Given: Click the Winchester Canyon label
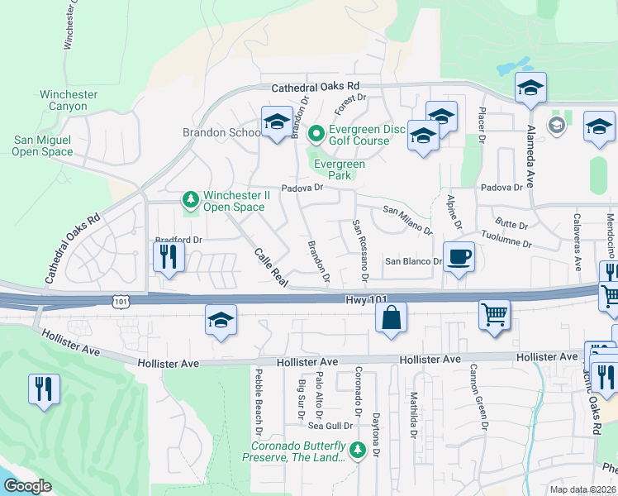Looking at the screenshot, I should pyautogui.click(x=69, y=100).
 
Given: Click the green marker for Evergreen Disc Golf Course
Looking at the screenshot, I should pyautogui.click(x=315, y=132).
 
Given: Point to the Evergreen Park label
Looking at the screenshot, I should pyautogui.click(x=339, y=169).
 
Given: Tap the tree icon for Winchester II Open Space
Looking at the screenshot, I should pyautogui.click(x=191, y=199).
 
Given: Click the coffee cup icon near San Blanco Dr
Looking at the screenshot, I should pyautogui.click(x=459, y=257).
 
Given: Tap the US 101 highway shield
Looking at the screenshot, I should pyautogui.click(x=121, y=302).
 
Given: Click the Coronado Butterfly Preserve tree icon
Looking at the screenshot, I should pyautogui.click(x=358, y=451).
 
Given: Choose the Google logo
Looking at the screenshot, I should pyautogui.click(x=27, y=486).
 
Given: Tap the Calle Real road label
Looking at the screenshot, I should pyautogui.click(x=270, y=267).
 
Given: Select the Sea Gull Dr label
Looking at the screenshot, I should pyautogui.click(x=330, y=427).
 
